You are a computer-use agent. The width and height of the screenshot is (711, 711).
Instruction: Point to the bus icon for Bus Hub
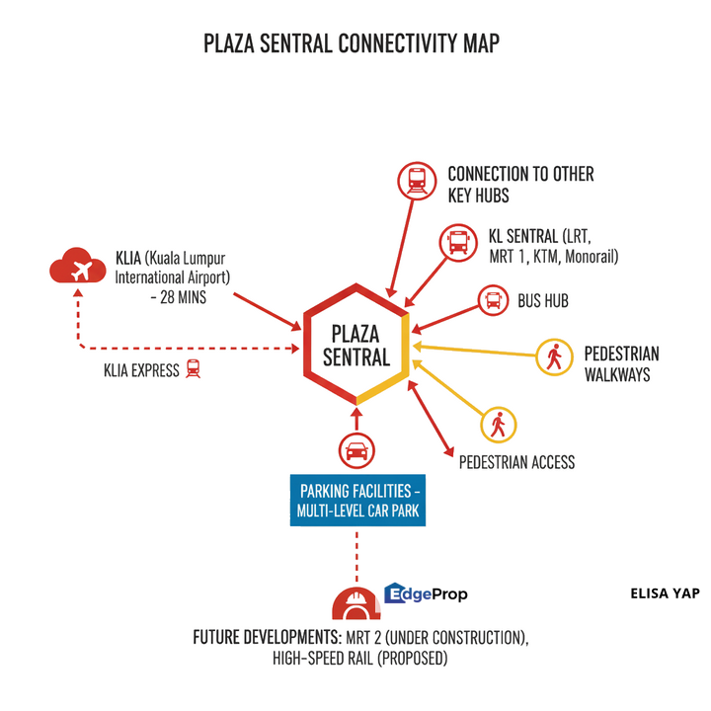493,300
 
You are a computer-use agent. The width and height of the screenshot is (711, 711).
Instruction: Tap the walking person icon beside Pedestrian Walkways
553,357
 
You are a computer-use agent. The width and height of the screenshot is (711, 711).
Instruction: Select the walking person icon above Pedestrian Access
498,425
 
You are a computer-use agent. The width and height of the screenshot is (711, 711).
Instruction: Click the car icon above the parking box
355,452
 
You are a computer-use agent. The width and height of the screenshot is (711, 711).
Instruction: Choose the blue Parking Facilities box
358,501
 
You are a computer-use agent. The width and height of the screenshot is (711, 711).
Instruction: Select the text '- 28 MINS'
178,296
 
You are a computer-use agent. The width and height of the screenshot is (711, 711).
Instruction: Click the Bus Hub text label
543,301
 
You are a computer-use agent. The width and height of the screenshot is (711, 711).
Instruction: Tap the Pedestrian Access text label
516,462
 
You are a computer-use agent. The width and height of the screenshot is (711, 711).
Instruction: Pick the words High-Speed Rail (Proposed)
360,659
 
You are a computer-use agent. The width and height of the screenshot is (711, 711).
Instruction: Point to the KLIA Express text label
141,371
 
